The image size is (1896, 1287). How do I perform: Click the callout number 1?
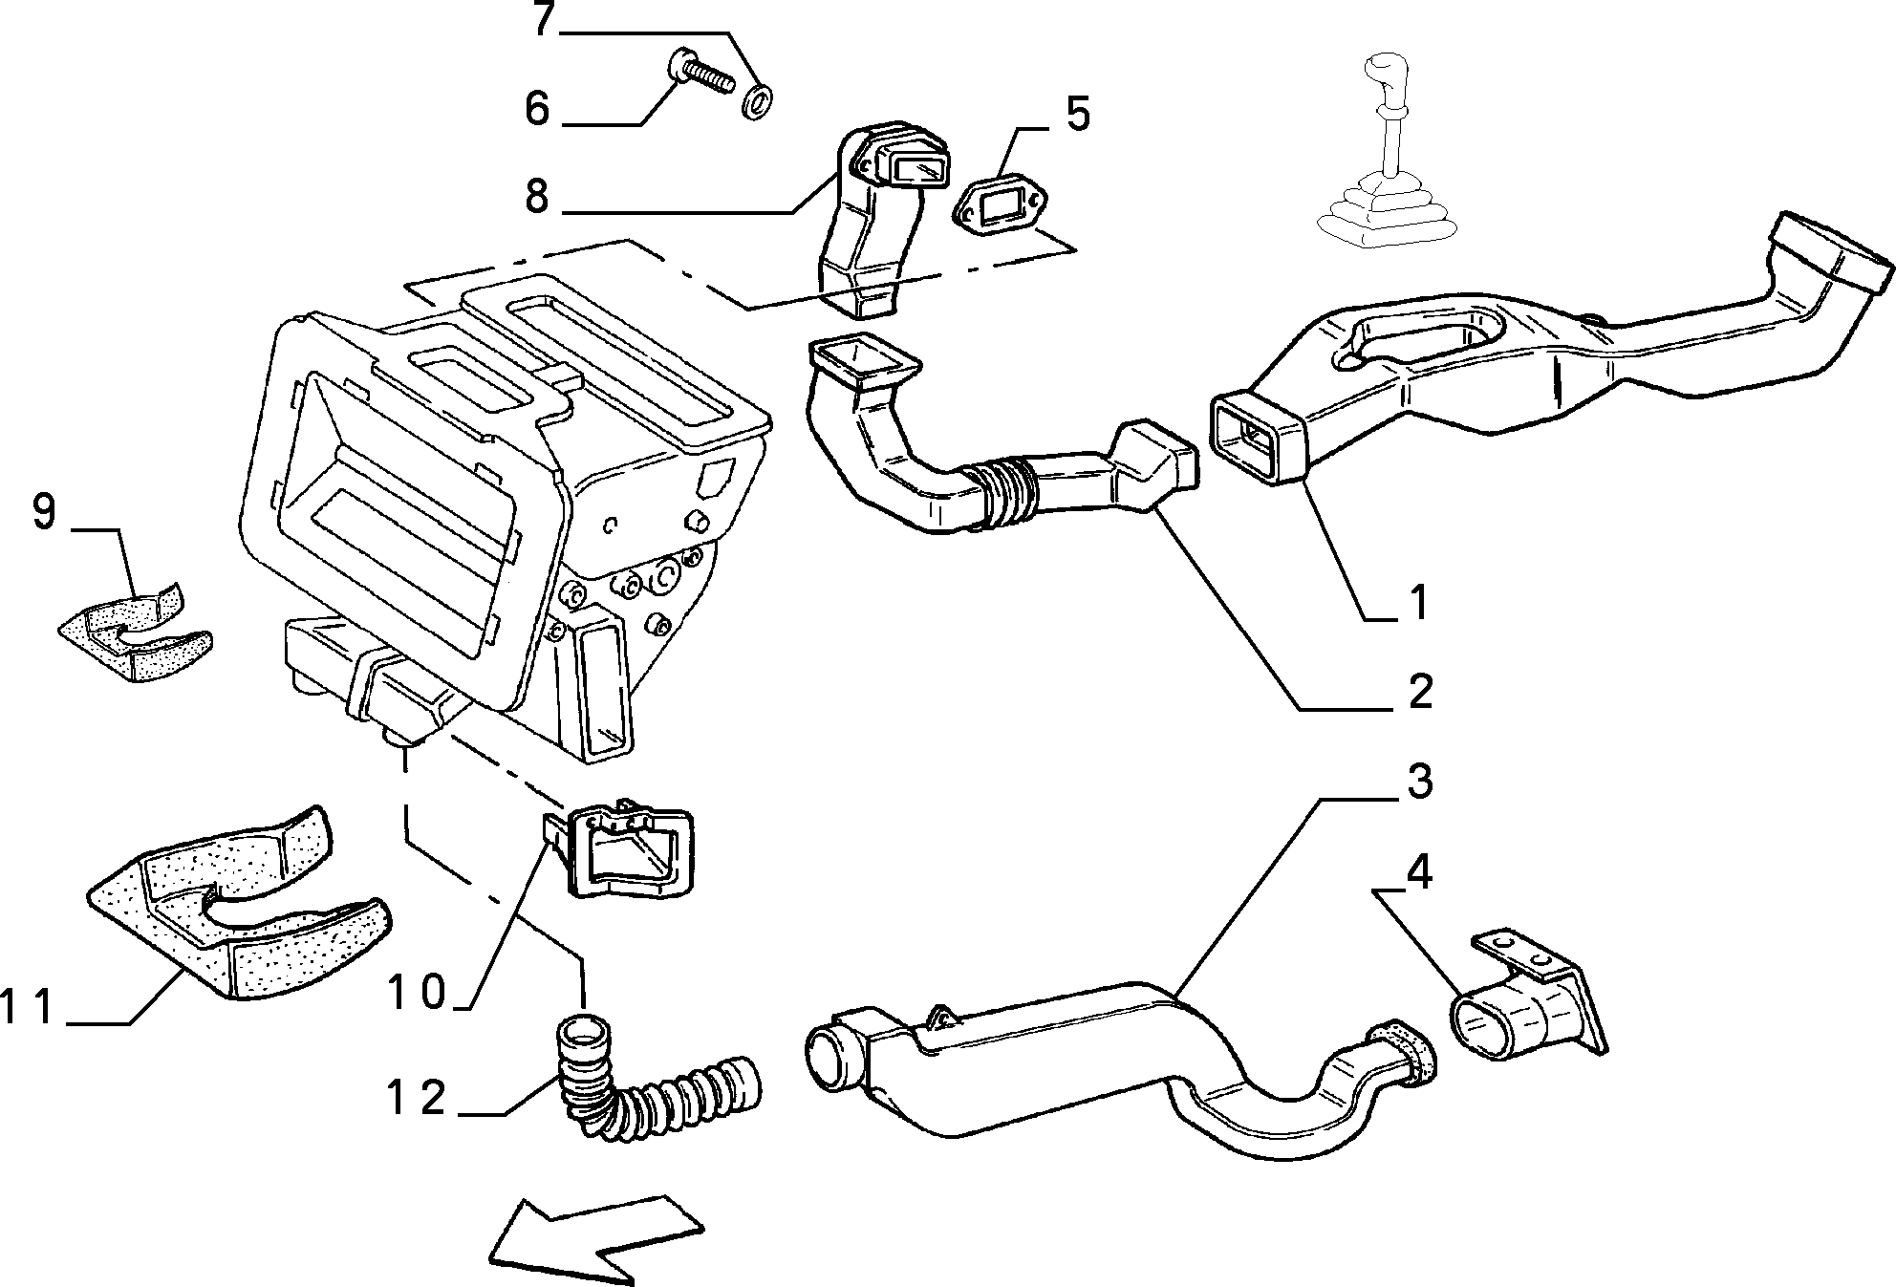click(x=1419, y=603)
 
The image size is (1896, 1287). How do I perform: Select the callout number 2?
click(x=1420, y=690)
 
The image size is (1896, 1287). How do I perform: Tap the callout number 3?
click(x=1420, y=781)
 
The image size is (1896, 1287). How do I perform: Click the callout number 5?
click(x=1077, y=114)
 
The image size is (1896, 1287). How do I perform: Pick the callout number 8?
click(x=536, y=196)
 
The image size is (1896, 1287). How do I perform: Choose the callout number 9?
click(x=44, y=513)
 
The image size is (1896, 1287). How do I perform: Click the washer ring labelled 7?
click(x=760, y=100)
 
